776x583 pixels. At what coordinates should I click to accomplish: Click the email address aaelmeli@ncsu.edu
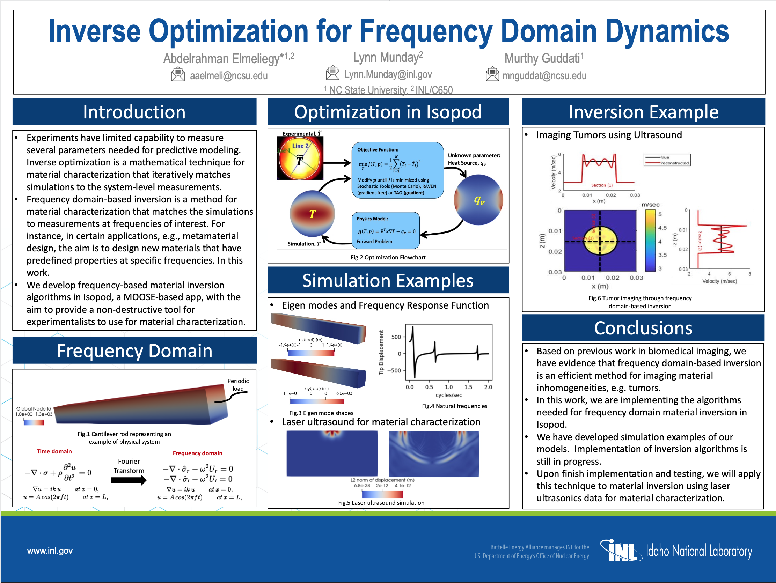(228, 76)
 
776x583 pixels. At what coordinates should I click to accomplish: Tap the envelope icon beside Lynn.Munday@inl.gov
(332, 73)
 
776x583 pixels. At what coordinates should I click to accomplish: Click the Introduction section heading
(134, 112)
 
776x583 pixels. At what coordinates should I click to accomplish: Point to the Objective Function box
(397, 170)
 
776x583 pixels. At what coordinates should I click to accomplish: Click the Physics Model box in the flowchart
(385, 230)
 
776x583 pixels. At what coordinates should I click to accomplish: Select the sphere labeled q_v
(478, 200)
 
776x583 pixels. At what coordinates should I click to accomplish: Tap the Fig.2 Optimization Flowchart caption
(388, 257)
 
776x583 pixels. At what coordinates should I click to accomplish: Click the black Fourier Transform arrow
(129, 480)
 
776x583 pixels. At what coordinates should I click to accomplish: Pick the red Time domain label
(54, 451)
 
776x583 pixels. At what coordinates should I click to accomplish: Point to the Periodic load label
(238, 384)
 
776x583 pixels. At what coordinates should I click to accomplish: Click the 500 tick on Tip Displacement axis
(396, 337)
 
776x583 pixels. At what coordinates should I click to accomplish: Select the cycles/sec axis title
(448, 395)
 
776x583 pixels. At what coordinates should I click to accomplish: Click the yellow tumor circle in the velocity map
(600, 241)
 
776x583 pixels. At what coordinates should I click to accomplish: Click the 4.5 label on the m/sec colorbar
(662, 228)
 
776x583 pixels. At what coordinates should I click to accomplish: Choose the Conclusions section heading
(643, 328)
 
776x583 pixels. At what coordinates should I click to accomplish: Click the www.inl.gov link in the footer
(50, 551)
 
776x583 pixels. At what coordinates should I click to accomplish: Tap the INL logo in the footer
(621, 551)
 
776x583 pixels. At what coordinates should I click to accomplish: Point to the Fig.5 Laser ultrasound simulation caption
(381, 503)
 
